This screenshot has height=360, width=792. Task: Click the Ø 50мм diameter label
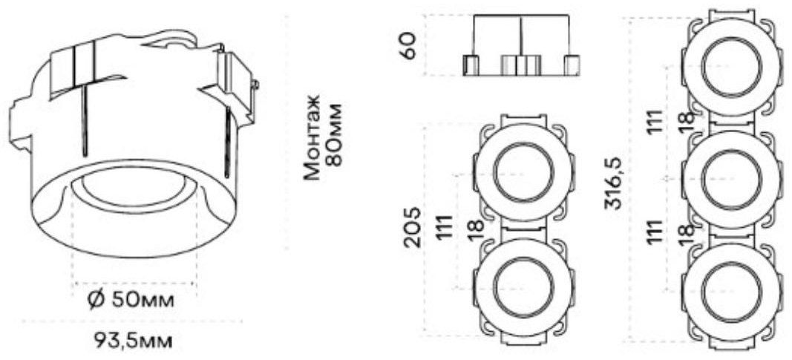click(131, 301)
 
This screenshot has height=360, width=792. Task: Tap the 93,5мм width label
click(134, 341)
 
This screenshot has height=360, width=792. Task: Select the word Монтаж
click(312, 137)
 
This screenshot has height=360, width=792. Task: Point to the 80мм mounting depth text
click(334, 135)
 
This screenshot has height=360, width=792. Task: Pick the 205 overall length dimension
click(412, 226)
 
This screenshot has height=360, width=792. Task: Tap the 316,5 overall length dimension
click(613, 183)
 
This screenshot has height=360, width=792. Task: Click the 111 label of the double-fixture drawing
click(445, 226)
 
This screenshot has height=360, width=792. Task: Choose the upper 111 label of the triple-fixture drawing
click(655, 121)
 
